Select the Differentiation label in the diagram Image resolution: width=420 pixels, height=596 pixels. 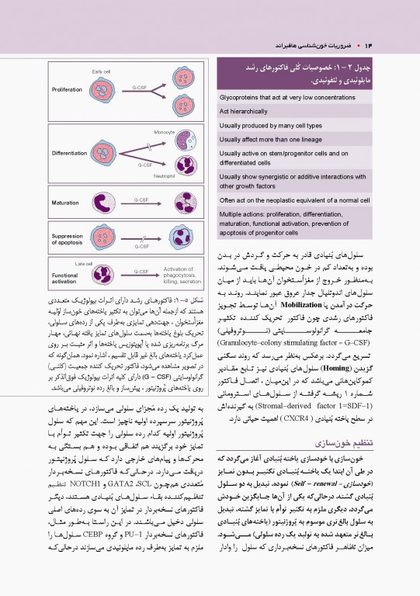point(70,154)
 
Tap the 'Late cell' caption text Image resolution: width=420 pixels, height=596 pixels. point(85,264)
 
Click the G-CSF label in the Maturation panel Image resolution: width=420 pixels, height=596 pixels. point(141,199)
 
